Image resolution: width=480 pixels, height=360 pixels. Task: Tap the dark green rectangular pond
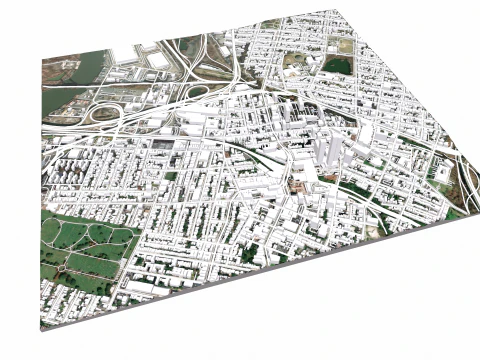[x=337, y=66]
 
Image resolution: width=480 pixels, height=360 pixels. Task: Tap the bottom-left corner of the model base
[x=42, y=327]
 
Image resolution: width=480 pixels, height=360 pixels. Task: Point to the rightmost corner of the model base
[x=471, y=206]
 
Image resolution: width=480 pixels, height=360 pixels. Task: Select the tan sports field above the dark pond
[x=345, y=46]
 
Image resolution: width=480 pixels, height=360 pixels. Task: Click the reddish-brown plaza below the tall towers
[x=298, y=185]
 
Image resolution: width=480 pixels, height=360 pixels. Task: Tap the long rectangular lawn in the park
[x=95, y=266]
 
